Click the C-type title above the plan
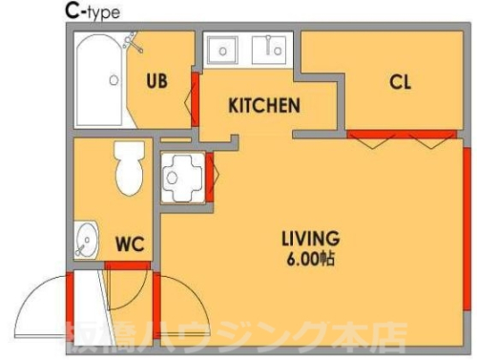point(93,12)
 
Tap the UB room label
point(156,81)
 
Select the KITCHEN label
point(264,106)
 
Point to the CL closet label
point(400,82)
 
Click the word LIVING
point(311,239)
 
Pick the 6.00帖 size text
point(310,259)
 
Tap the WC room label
point(130,244)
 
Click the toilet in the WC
point(129,168)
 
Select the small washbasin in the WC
point(86,240)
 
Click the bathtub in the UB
point(99,80)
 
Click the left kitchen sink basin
point(222,51)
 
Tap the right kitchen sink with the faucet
point(269,50)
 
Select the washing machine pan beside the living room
point(182,178)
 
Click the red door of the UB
point(195,99)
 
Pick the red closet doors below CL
point(402,134)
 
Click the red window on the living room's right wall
point(467,228)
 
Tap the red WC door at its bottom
point(127,265)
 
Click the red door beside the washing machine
point(209,178)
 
